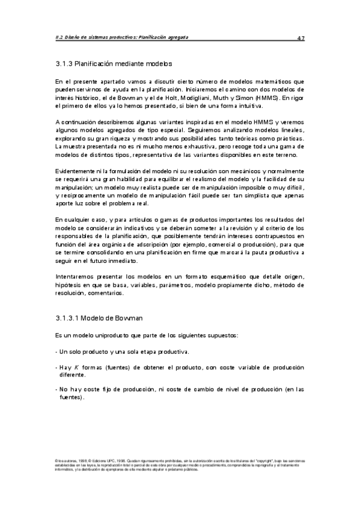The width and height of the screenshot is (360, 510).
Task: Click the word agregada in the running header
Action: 174,37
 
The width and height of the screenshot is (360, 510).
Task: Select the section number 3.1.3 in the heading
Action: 63,62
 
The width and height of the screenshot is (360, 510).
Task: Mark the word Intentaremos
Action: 75,277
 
